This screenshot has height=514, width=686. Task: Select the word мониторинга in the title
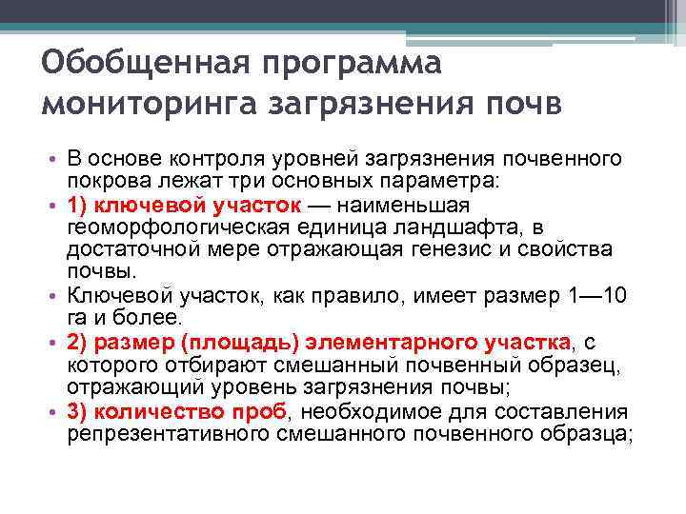141,105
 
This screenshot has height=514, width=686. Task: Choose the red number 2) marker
78,342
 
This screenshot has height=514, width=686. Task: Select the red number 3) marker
78,411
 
